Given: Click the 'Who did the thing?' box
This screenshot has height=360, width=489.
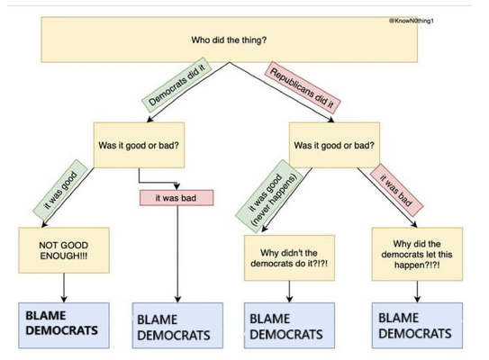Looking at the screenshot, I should coord(229,40).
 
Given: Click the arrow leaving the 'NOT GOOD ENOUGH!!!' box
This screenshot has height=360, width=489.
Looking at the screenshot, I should coord(64,288).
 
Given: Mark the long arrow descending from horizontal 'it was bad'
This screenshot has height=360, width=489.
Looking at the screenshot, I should coord(176,261).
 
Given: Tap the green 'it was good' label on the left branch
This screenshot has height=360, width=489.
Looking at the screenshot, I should coord(58,191).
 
